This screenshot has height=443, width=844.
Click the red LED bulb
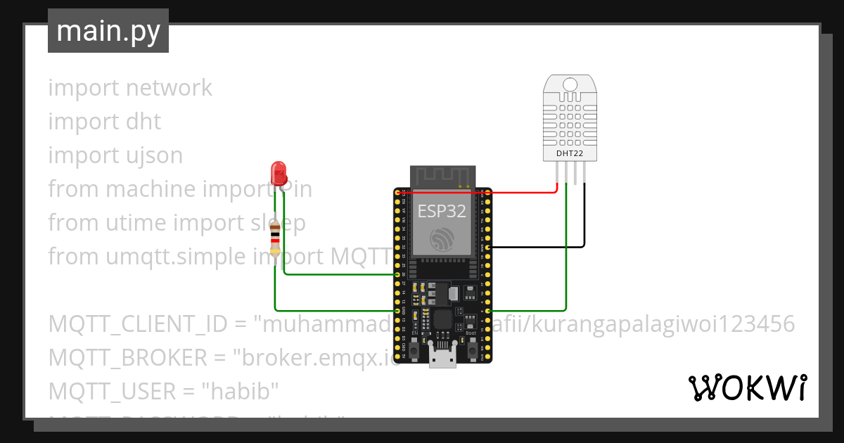(279, 172)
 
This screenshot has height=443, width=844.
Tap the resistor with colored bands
(275, 238)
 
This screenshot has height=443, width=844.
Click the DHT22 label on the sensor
(570, 153)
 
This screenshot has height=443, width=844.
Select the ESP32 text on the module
(442, 211)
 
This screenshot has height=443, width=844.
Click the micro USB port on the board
(442, 358)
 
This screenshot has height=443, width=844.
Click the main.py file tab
(108, 31)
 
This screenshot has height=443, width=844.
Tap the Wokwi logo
(746, 387)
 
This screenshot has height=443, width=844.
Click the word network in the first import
(169, 88)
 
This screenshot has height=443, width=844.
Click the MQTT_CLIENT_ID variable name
(138, 324)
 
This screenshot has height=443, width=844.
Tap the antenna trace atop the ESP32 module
(442, 176)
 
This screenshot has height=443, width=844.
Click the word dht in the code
(143, 122)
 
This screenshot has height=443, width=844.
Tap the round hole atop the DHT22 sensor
(570, 86)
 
